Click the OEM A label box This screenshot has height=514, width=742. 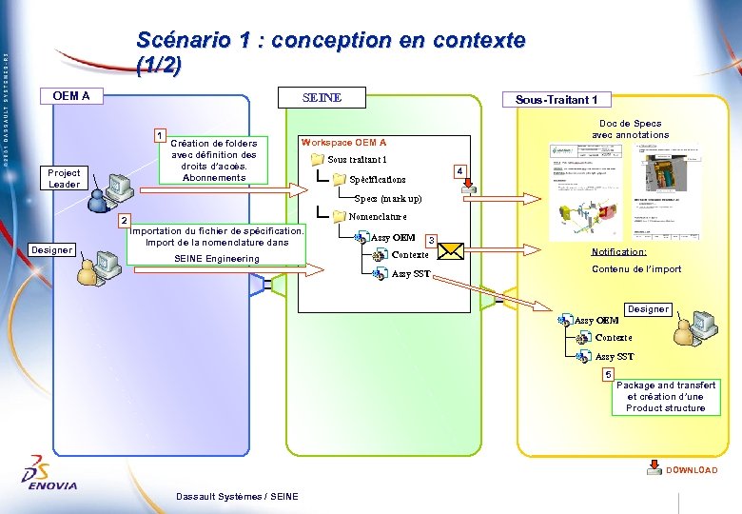(72, 95)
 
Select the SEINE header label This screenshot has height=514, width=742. (322, 98)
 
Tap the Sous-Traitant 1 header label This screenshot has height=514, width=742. (556, 100)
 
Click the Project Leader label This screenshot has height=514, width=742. (65, 179)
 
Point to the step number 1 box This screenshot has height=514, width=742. (162, 134)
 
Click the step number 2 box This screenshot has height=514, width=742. (123, 220)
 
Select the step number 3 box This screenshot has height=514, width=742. (431, 240)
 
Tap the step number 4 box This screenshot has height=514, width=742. (459, 170)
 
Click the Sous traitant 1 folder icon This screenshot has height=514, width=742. (317, 159)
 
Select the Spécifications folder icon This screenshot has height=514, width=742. (340, 179)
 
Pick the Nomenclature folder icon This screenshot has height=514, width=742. (340, 217)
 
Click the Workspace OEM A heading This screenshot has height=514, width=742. (343, 142)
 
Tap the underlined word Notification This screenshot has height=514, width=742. (618, 252)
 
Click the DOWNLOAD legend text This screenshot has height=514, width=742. (692, 470)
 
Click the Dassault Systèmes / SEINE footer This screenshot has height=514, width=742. (237, 496)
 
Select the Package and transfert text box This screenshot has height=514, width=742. (666, 397)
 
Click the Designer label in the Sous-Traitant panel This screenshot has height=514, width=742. (648, 309)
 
